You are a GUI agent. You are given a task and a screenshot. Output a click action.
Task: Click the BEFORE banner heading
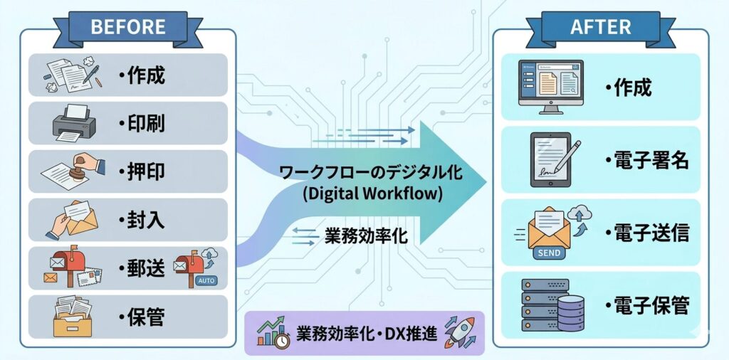tap(128, 26)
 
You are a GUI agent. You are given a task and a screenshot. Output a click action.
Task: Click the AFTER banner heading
tap(601, 27)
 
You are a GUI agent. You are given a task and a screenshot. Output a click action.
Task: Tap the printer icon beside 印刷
tap(74, 122)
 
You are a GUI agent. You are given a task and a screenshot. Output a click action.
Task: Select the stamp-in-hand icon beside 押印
tap(73, 171)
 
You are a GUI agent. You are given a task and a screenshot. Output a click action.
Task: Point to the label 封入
tap(142, 220)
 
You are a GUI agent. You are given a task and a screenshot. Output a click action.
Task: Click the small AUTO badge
tap(206, 280)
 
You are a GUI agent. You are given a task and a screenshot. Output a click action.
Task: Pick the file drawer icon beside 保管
tap(73, 317)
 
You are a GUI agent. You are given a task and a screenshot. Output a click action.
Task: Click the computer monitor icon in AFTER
tap(550, 87)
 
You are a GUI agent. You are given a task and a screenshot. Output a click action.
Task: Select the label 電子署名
tap(647, 161)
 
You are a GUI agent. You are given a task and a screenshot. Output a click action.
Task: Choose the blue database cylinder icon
tap(571, 313)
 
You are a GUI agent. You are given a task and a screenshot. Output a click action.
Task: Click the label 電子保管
tap(647, 306)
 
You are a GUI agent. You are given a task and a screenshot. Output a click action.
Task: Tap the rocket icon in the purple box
tap(459, 332)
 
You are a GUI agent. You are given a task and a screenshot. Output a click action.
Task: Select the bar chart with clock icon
tap(273, 332)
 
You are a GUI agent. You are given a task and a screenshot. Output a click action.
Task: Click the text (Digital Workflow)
tap(372, 194)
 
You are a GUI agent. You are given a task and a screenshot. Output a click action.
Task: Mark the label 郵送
tap(142, 268)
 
